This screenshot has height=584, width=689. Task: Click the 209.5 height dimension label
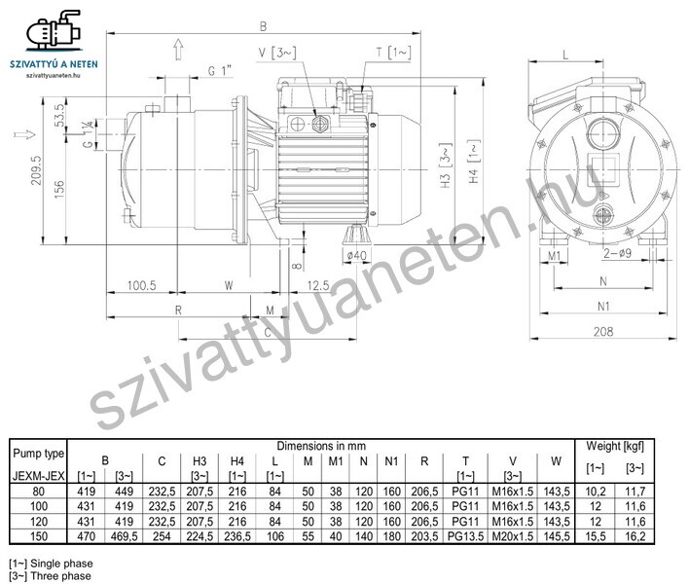[x=36, y=170]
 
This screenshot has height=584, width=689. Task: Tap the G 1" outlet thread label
[x=219, y=70]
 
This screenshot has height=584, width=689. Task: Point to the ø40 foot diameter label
[x=356, y=255]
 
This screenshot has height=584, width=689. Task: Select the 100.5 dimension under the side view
[x=141, y=285]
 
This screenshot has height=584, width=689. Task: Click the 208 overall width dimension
[x=603, y=331]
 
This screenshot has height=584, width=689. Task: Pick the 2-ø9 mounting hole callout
[x=617, y=253]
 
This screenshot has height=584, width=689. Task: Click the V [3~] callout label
[x=277, y=53]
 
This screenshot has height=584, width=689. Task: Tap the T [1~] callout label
[x=393, y=53]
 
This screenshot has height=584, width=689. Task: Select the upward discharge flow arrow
[x=178, y=50]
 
